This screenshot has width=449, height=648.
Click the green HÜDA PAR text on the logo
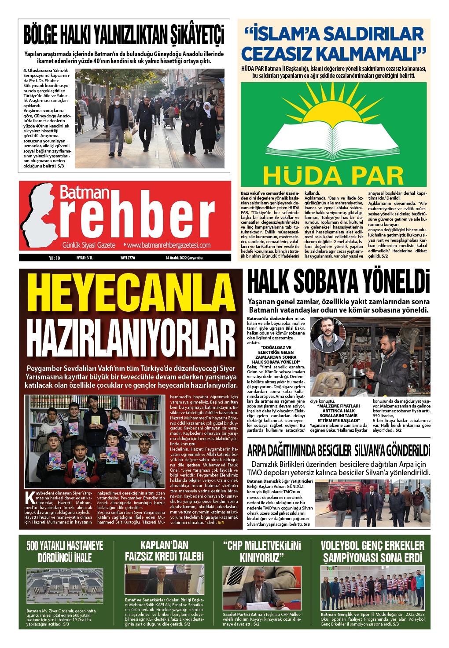pos(333,176)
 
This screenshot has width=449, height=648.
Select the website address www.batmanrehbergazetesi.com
pos(168,245)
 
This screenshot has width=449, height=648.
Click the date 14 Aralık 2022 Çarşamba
pos(184,258)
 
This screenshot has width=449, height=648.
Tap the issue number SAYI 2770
pos(128,258)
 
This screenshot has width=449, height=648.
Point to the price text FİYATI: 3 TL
pos(85,258)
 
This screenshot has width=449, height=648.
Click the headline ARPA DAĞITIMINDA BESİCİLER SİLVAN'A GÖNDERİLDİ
pos(339,451)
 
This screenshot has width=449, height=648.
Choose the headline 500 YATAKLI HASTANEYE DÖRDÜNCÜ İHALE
pos(65,552)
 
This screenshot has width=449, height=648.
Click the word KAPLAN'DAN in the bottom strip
pos(164,546)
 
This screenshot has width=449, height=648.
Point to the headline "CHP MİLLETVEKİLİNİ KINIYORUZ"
pos(262,552)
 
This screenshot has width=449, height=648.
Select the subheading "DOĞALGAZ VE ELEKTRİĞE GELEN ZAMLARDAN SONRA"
pos(276,353)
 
